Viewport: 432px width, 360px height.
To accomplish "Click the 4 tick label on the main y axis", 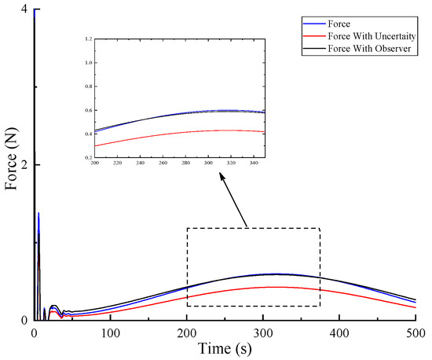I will pyautogui.click(x=25, y=9).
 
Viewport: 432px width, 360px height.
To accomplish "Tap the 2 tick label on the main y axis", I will pyautogui.click(x=25, y=165).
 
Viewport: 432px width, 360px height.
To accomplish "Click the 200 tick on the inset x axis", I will pyautogui.click(x=94, y=163).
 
